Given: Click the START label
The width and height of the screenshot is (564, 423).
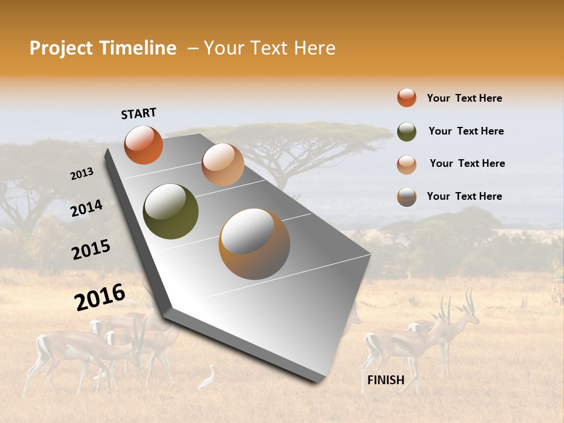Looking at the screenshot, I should click(x=139, y=113).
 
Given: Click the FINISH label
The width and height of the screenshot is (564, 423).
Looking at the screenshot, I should click(x=385, y=380).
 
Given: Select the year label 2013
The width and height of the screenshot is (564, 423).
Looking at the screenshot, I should click(x=82, y=174).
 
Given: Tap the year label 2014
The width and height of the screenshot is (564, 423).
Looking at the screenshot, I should click(x=86, y=209).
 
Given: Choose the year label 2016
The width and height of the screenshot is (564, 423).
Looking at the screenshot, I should click(x=100, y=297).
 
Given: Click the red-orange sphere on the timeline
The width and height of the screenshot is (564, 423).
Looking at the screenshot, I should click(x=143, y=145).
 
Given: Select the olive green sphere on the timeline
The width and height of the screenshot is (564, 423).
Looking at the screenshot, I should click(x=170, y=211).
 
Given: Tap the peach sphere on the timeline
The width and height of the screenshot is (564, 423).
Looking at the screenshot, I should click(x=223, y=164).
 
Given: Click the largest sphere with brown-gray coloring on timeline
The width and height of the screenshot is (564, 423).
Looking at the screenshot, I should click(x=254, y=244).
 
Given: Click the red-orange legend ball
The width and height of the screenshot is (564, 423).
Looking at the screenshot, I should click(x=407, y=98).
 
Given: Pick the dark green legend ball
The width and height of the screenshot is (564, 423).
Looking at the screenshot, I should click(x=407, y=132).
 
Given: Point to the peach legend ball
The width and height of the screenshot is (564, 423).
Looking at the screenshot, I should click(x=407, y=164).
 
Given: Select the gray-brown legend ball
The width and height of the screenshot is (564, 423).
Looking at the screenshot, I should click(x=407, y=197).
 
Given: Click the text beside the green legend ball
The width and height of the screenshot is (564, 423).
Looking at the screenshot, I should click(x=466, y=131).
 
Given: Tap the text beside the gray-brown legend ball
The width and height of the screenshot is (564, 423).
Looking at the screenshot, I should click(x=464, y=196).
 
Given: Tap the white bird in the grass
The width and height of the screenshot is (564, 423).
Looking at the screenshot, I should click(x=207, y=378).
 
